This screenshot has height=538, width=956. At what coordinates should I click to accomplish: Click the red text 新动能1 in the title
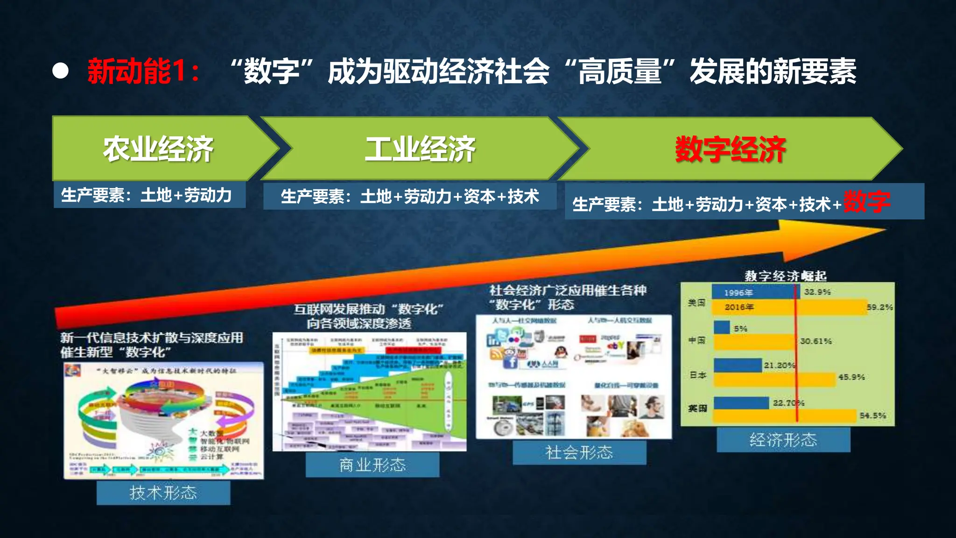click(142, 71)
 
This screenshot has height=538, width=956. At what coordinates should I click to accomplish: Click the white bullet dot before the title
click(60, 71)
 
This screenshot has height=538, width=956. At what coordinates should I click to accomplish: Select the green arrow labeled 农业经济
click(159, 149)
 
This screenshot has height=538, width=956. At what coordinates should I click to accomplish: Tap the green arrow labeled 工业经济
click(420, 149)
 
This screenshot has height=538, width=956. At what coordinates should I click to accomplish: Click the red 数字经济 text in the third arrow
click(731, 149)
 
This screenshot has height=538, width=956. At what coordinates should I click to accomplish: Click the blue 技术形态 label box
click(163, 493)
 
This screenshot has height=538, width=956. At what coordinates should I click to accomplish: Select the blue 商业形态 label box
click(373, 465)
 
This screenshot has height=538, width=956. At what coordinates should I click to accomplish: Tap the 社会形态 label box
click(579, 452)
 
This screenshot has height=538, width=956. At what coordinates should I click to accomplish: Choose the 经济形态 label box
click(783, 440)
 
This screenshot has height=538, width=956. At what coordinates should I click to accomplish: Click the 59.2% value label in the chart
click(879, 307)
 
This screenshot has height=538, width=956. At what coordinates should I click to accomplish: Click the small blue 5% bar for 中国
click(722, 327)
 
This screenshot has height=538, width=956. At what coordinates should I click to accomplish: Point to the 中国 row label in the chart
click(696, 340)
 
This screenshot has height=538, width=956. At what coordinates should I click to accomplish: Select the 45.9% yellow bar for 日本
click(775, 379)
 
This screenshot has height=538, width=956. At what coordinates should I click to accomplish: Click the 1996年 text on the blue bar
click(738, 293)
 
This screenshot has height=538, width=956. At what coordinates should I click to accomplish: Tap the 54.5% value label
click(872, 415)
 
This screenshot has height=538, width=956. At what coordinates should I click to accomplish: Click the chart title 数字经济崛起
click(785, 276)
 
